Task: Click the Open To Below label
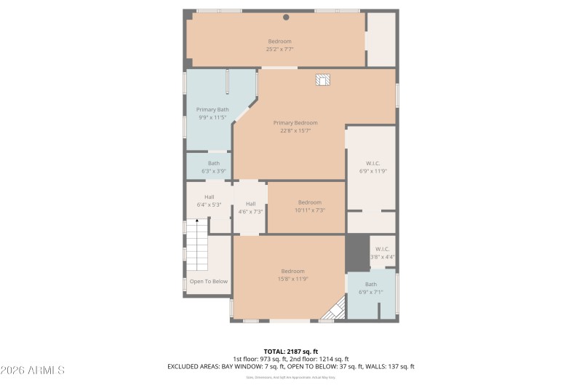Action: [209, 281]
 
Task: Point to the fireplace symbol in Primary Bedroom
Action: [323, 80]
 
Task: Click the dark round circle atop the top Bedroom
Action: [286, 17]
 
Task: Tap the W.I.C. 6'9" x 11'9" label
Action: [372, 167]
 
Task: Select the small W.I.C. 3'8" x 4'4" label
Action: [383, 253]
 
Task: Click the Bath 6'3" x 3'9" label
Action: [214, 167]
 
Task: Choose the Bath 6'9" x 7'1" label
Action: [371, 288]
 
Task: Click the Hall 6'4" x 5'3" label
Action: [210, 201]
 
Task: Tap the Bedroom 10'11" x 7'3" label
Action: [309, 206]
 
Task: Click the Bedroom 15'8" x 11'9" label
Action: [293, 274]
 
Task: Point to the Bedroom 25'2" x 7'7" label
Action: [279, 45]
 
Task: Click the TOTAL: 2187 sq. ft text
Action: [291, 351]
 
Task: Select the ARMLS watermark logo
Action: [33, 370]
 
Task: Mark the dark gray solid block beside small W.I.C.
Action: [356, 253]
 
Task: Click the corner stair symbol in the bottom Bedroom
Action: [335, 310]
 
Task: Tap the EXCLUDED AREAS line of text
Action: [291, 366]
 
